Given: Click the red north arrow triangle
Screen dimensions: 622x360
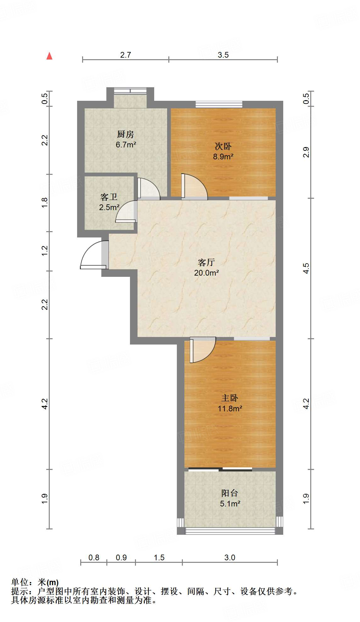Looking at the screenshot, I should coord(49,56).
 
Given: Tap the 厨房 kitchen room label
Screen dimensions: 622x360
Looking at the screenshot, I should coord(126,134).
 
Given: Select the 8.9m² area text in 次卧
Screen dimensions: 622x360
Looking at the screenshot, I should coord(223,157).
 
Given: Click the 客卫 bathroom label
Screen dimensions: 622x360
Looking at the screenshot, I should coord(109,197).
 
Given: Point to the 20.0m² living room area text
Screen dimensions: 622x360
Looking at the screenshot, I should coord(206,273).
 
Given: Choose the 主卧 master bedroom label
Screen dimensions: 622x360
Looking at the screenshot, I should coord(230,398).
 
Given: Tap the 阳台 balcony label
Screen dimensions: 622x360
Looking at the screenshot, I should coord(230,493).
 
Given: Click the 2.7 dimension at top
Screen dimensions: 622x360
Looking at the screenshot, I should coord(126,55).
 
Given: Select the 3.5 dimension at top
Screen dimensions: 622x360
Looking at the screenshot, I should coord(223,55).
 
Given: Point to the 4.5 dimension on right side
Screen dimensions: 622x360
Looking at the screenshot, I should coord(306,268).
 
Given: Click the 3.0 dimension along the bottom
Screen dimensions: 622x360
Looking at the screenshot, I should coord(230,557).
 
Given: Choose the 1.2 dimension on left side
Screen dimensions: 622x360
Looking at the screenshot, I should coord(45,251).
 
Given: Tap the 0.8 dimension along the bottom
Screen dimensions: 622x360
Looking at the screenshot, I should coord(94,557).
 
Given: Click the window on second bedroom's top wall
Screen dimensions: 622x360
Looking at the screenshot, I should coord(219,104).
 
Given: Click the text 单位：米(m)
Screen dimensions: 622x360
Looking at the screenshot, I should coord(35,582).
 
